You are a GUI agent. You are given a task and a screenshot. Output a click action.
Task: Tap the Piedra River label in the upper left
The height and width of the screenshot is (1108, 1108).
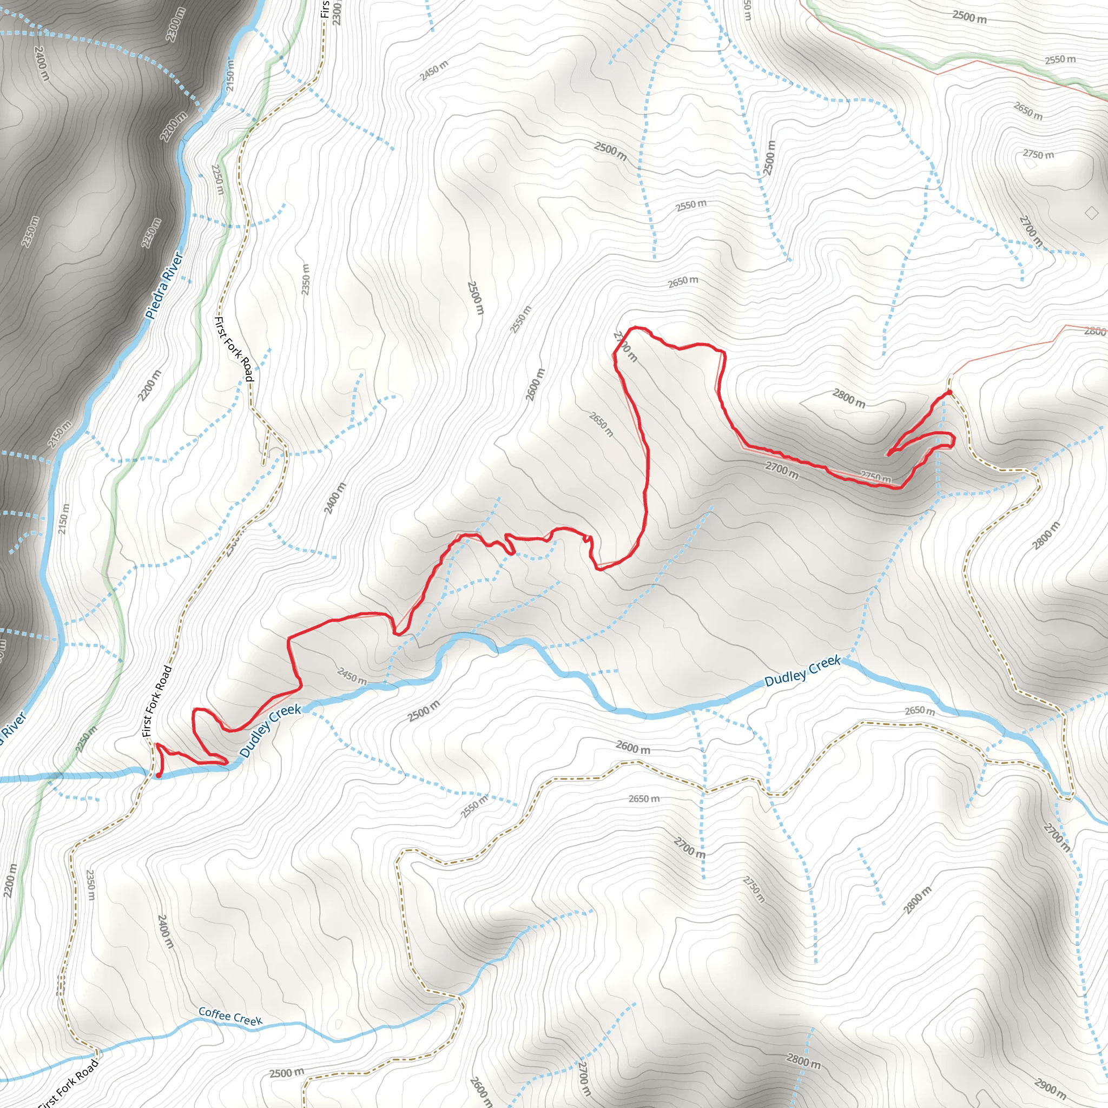[x=164, y=286]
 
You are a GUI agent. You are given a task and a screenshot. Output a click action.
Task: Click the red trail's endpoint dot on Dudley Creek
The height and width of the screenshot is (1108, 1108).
[x=159, y=776]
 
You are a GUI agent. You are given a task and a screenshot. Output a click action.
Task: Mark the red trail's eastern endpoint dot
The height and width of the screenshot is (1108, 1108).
[x=949, y=392]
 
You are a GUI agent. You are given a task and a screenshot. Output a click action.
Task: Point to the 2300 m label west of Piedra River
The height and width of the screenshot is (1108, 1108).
[x=176, y=25]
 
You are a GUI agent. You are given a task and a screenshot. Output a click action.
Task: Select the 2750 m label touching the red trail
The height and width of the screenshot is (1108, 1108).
[x=876, y=477]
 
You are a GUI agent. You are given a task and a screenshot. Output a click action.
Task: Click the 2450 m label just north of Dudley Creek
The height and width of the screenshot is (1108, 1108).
[x=352, y=676]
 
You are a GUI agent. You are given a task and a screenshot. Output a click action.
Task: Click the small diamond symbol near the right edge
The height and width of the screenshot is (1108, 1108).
[x=1092, y=213]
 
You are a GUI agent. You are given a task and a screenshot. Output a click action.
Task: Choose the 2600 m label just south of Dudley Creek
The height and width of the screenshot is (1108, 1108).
[x=633, y=747]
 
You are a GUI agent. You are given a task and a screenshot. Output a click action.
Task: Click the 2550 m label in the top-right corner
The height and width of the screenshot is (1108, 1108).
[x=1060, y=59]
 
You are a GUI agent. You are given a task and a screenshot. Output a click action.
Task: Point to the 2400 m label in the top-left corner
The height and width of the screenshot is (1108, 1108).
[x=41, y=63]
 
